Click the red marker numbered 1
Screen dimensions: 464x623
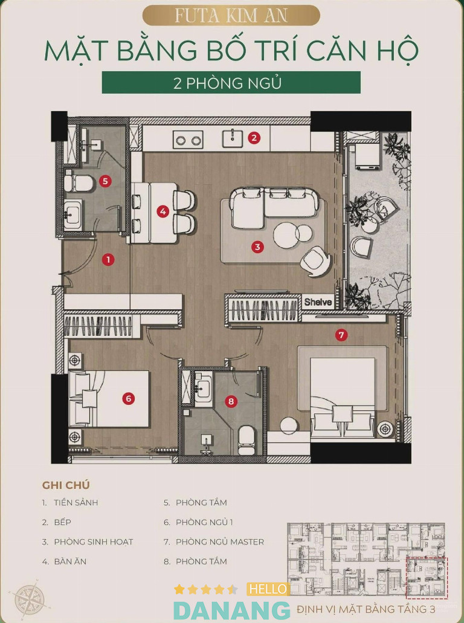point(108,260)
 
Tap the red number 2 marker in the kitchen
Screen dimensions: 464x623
point(254,138)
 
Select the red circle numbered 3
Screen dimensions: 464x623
point(257,247)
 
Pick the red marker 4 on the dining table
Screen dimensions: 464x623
point(163,211)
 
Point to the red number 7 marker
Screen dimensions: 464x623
point(341,335)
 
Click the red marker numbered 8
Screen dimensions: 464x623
point(231,401)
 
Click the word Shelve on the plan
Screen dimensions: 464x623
point(318,302)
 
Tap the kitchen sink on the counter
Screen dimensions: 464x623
point(232,138)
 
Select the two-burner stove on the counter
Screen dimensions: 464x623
point(188,140)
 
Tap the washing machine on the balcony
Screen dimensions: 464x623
point(367,157)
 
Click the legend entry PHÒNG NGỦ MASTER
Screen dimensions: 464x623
point(220,541)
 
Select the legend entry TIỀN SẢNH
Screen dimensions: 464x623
point(76,502)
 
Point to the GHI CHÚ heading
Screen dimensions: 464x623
point(66,485)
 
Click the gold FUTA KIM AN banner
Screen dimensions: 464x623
point(231,16)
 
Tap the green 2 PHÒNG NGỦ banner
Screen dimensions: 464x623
point(231,83)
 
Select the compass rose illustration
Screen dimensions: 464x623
point(27,601)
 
